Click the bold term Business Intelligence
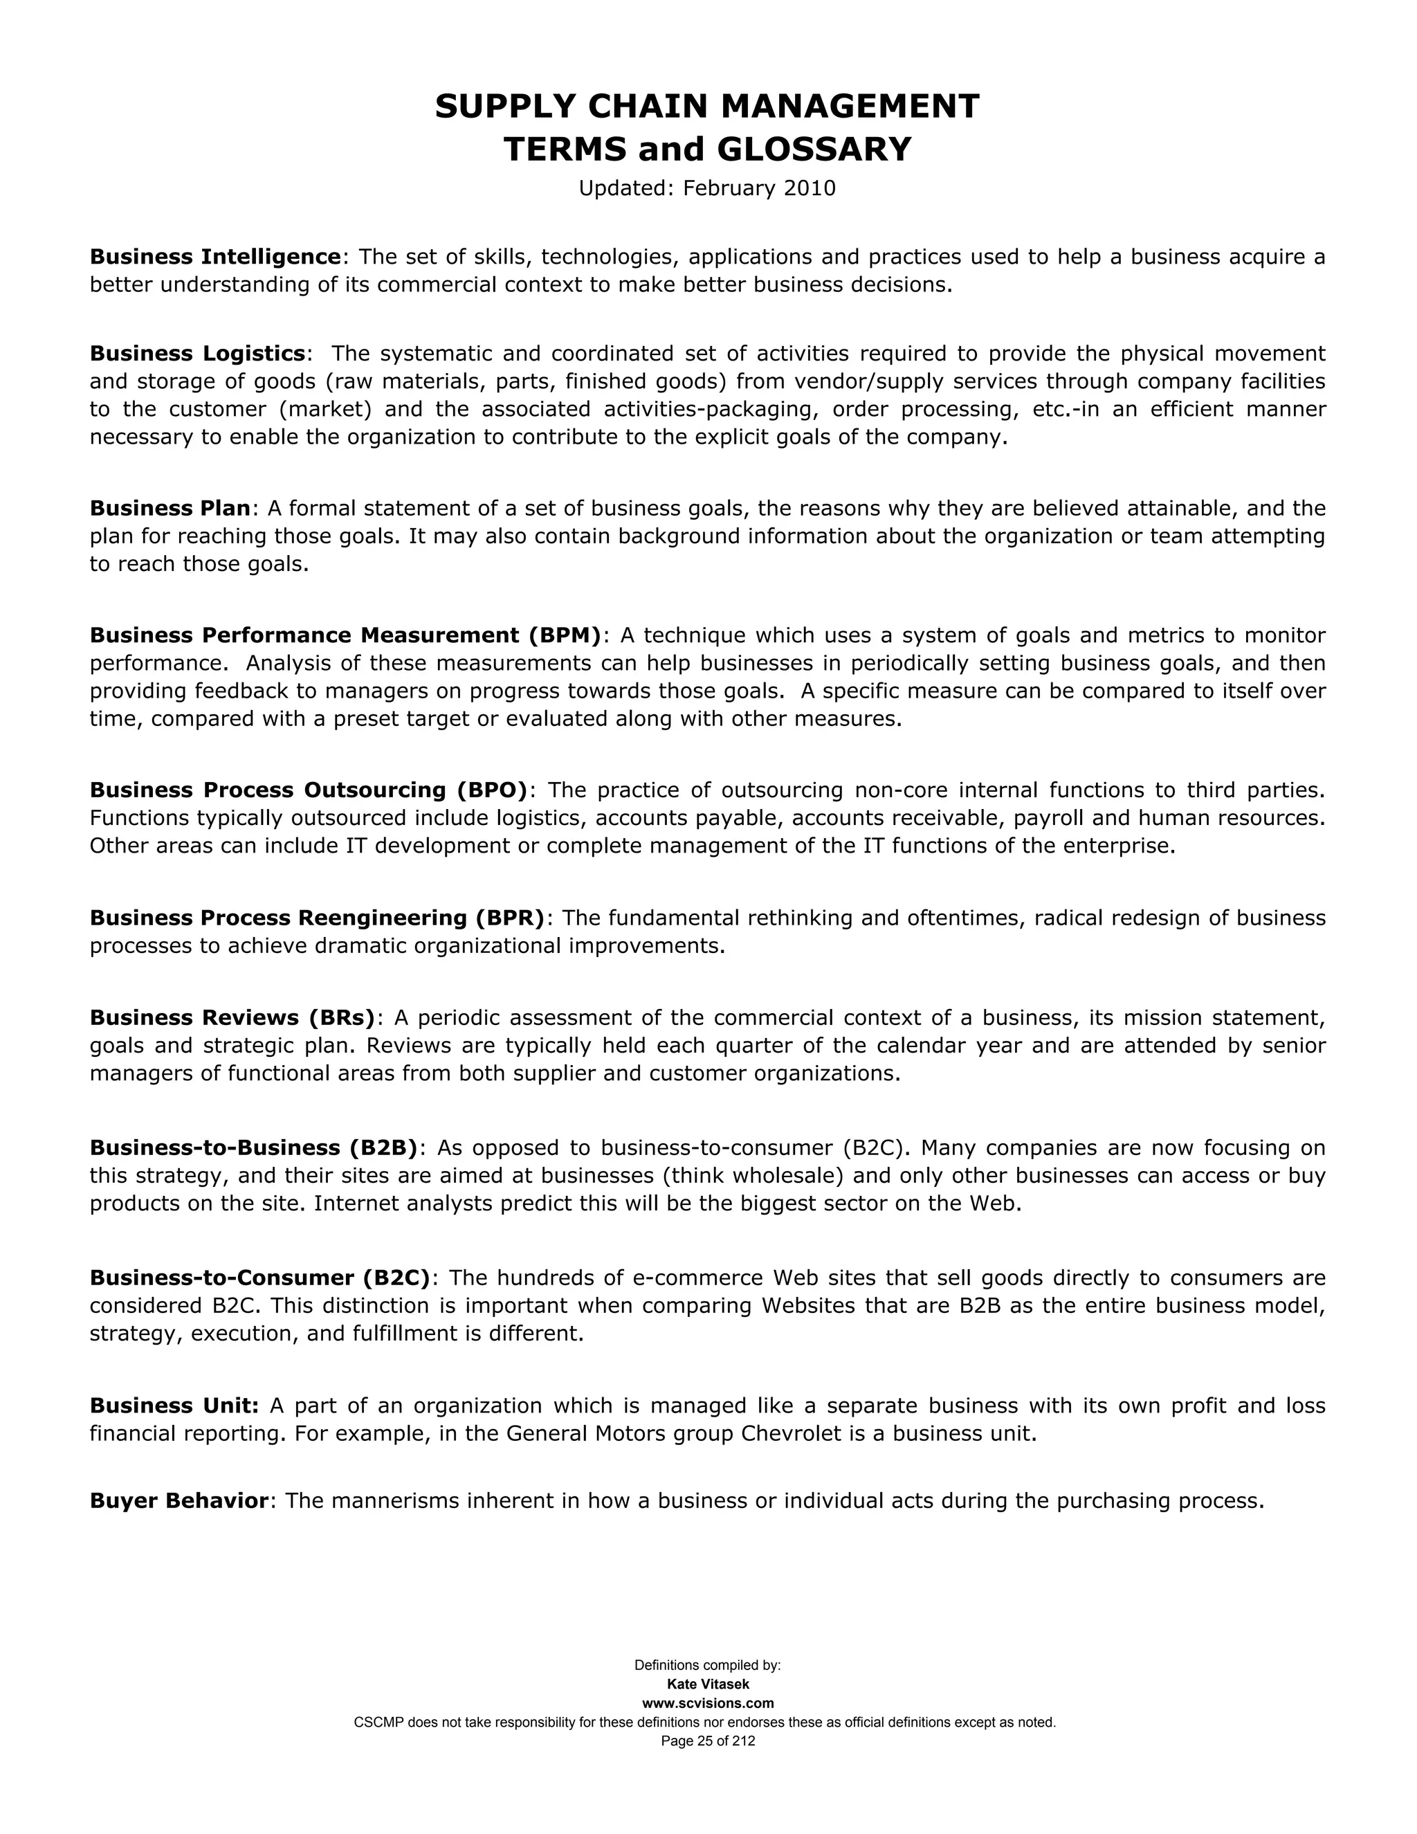tap(216, 256)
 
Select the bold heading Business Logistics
tap(197, 353)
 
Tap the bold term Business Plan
tap(170, 508)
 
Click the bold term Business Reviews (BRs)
tap(232, 1018)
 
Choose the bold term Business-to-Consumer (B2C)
tap(260, 1278)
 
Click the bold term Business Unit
tap(174, 1406)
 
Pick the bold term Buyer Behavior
tap(179, 1500)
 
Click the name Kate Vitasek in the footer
tap(708, 1685)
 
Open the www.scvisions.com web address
tap(708, 1704)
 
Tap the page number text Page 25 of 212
tap(708, 1742)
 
